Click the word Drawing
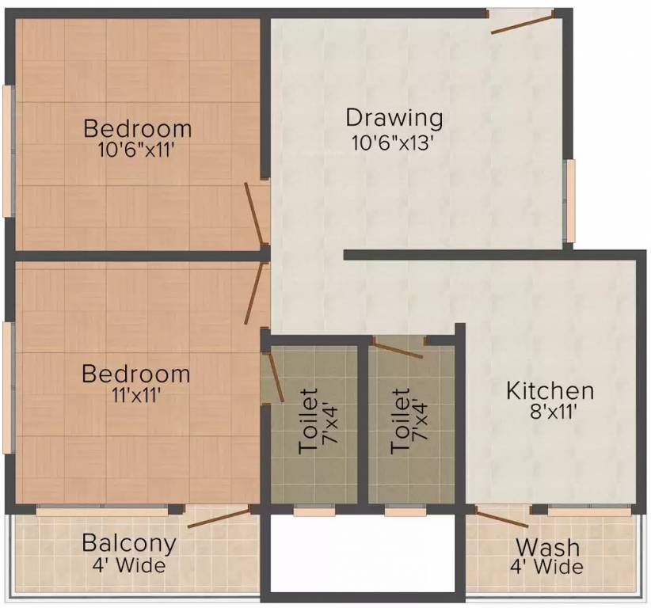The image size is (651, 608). [394, 119]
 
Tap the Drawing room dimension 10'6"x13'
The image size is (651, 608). [394, 143]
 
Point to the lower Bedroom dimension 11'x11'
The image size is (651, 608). [138, 396]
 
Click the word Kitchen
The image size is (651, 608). [550, 390]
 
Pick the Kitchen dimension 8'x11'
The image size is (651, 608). [550, 412]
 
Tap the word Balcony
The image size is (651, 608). [129, 544]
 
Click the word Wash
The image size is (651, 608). [547, 547]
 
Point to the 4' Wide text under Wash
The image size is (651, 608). [547, 567]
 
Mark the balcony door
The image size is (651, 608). [219, 517]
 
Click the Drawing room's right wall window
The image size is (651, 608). [569, 199]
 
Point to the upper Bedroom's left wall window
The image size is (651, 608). [8, 150]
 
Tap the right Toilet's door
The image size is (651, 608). [398, 348]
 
